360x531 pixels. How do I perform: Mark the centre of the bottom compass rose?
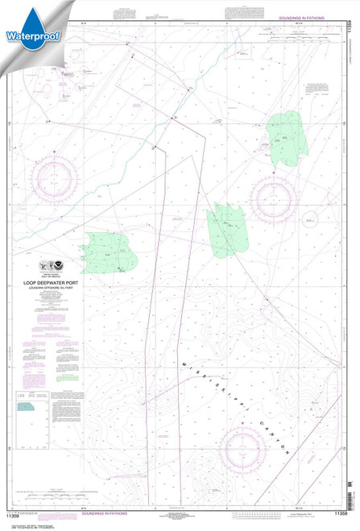242,445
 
